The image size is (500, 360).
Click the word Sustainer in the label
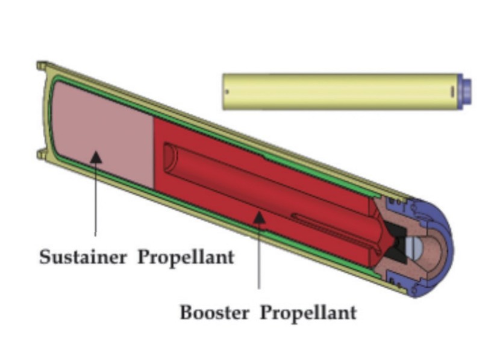83,257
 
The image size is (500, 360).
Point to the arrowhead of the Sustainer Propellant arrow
96,157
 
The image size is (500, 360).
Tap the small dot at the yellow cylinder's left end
227,92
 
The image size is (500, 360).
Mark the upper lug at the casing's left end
42,66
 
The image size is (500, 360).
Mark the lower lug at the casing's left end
40,155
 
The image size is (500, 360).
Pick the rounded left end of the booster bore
169,155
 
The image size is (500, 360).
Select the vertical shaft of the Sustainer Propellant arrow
96,199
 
